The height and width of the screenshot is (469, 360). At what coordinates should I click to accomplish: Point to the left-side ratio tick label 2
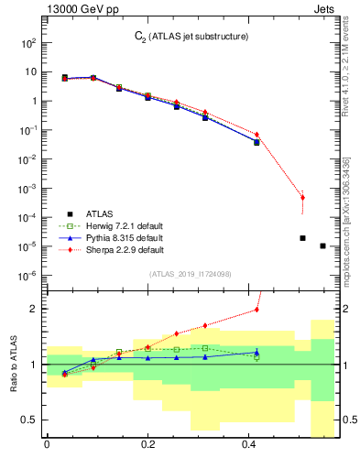point(32,309)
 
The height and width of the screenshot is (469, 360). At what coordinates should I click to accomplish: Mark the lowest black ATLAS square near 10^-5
point(322,245)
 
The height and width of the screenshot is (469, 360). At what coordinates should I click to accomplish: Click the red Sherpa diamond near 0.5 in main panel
point(302,197)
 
